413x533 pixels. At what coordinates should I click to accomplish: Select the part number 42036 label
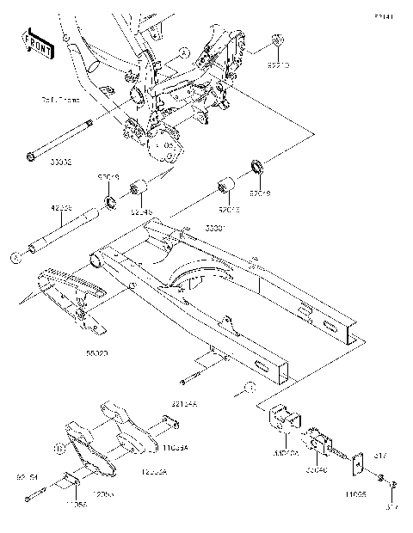click(x=35, y=208)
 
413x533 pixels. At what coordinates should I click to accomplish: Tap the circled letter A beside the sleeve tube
click(x=14, y=255)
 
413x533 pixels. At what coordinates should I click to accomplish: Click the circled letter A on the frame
click(x=184, y=52)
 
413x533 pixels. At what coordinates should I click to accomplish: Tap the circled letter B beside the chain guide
click(x=59, y=448)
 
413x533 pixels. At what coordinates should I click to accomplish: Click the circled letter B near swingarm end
click(x=247, y=389)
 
